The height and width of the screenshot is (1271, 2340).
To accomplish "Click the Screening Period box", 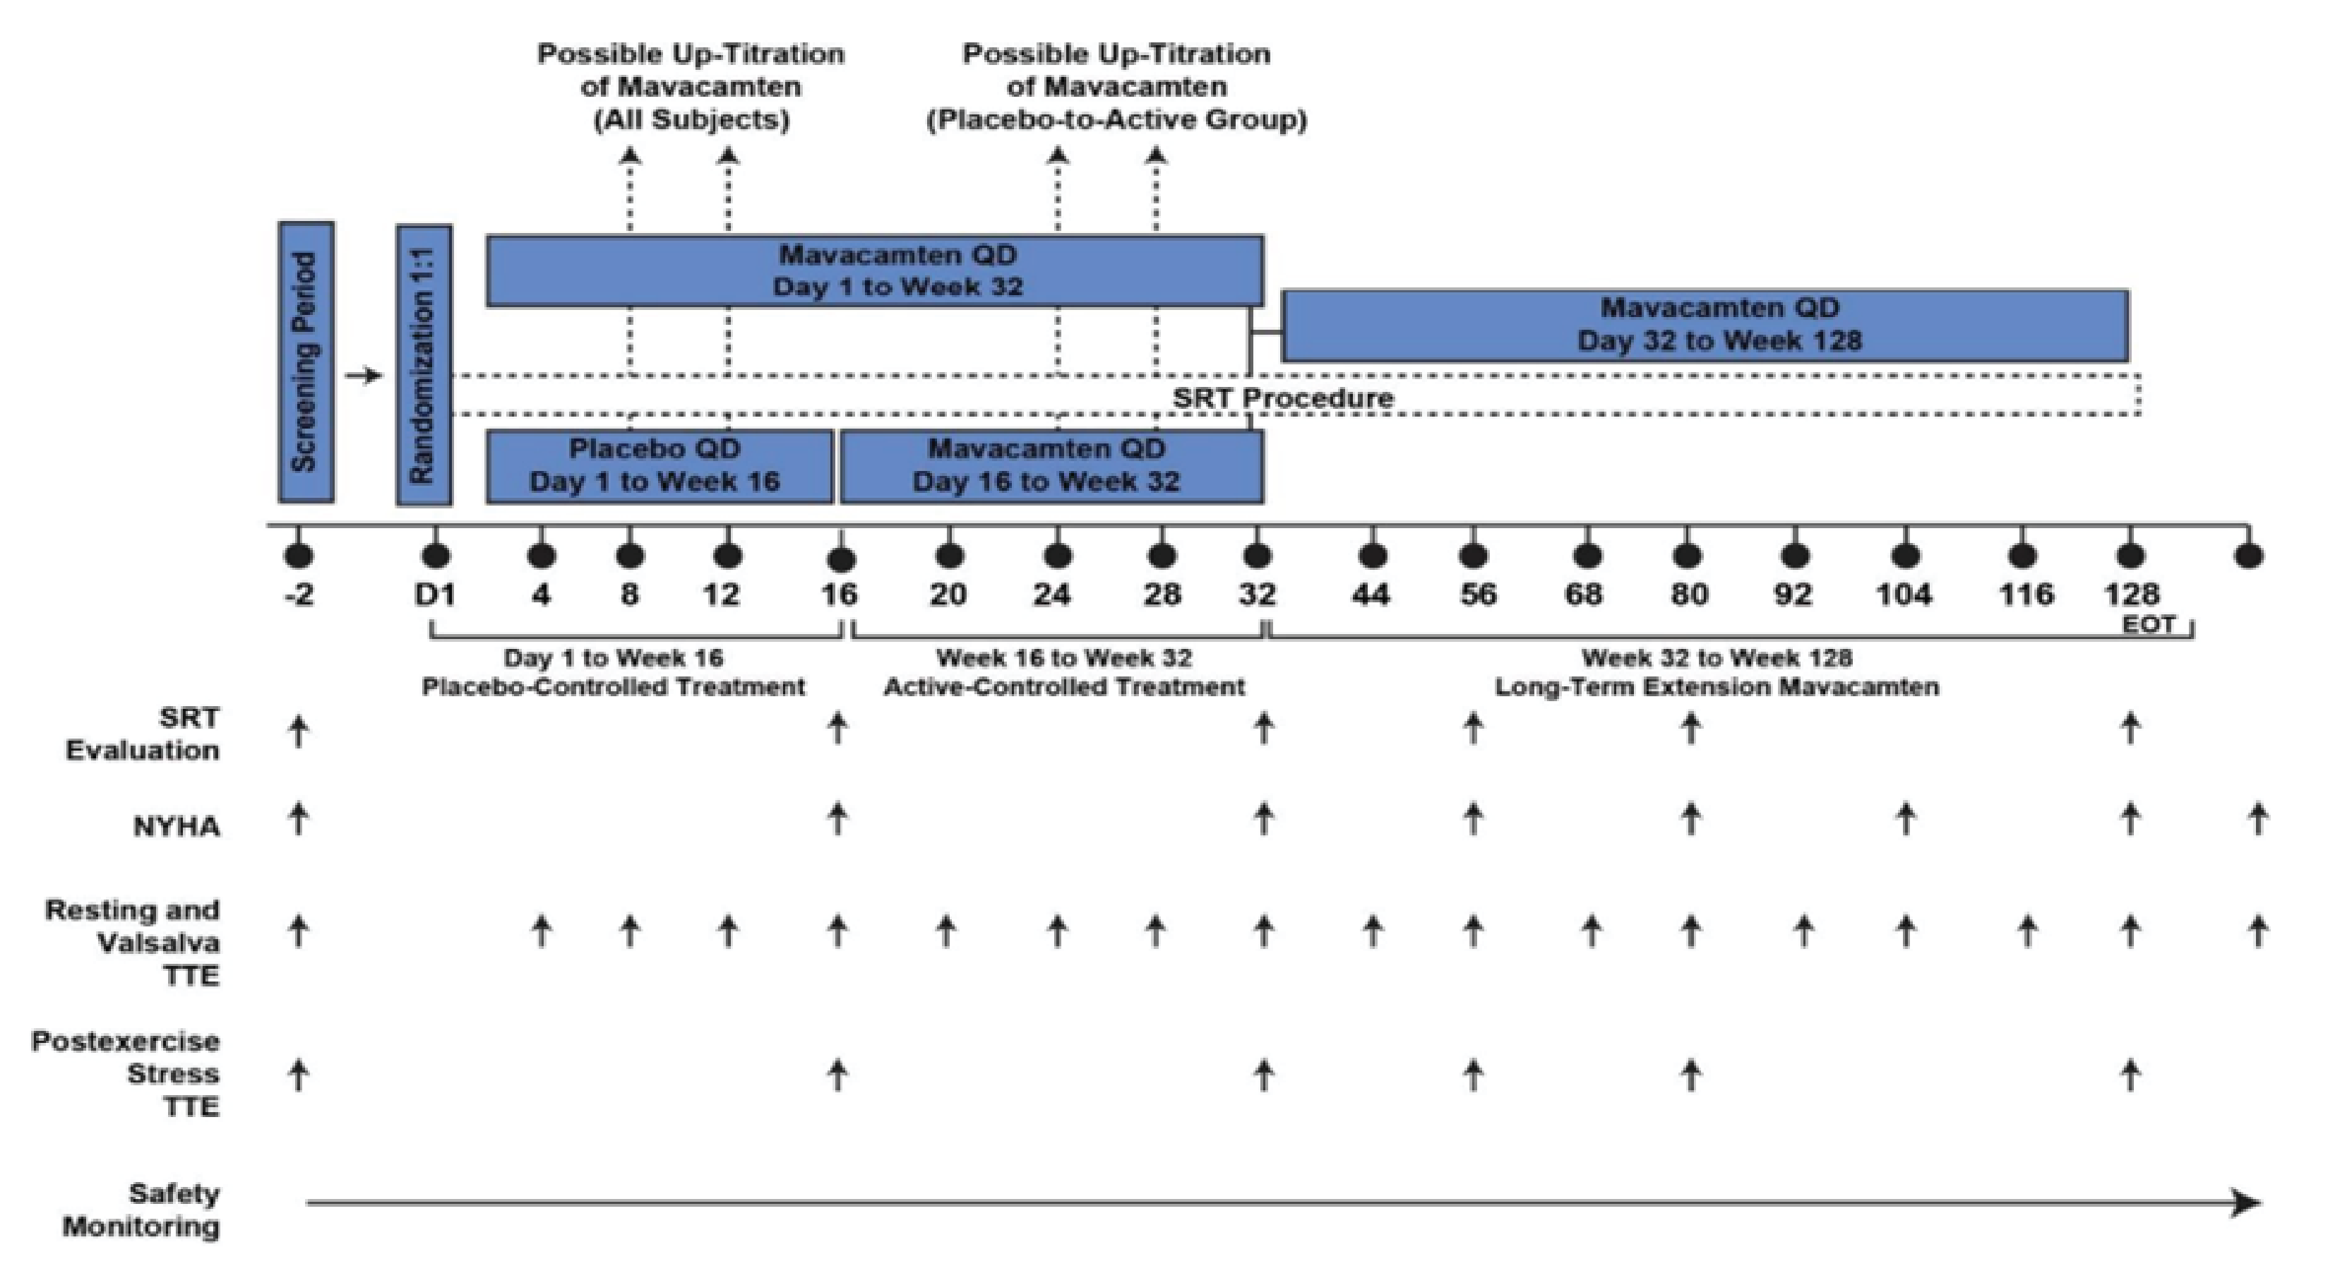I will point(306,362).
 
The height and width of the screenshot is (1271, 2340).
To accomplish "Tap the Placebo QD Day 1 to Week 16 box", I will point(659,466).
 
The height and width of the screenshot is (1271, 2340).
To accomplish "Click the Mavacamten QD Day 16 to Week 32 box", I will point(1050,466).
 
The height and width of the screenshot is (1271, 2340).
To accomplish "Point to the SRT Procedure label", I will point(1282,398).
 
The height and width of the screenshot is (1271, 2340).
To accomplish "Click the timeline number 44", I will point(1371,595).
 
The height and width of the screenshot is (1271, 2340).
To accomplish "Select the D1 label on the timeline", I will point(434,595).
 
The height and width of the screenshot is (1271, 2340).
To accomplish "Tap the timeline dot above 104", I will point(1906,555).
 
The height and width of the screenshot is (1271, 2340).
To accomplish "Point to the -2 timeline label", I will point(299,595).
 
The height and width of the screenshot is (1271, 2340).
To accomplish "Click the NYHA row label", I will point(177,827).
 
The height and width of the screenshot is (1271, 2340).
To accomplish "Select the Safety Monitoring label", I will point(142,1210).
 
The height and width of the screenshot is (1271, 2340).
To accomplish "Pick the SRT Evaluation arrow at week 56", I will point(1474,728).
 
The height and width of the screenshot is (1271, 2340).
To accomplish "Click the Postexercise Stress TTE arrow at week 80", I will point(1690,1075).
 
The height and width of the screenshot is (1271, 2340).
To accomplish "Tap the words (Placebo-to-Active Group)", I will point(1116,120).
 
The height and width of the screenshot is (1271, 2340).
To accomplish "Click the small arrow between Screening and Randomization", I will point(364,375).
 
